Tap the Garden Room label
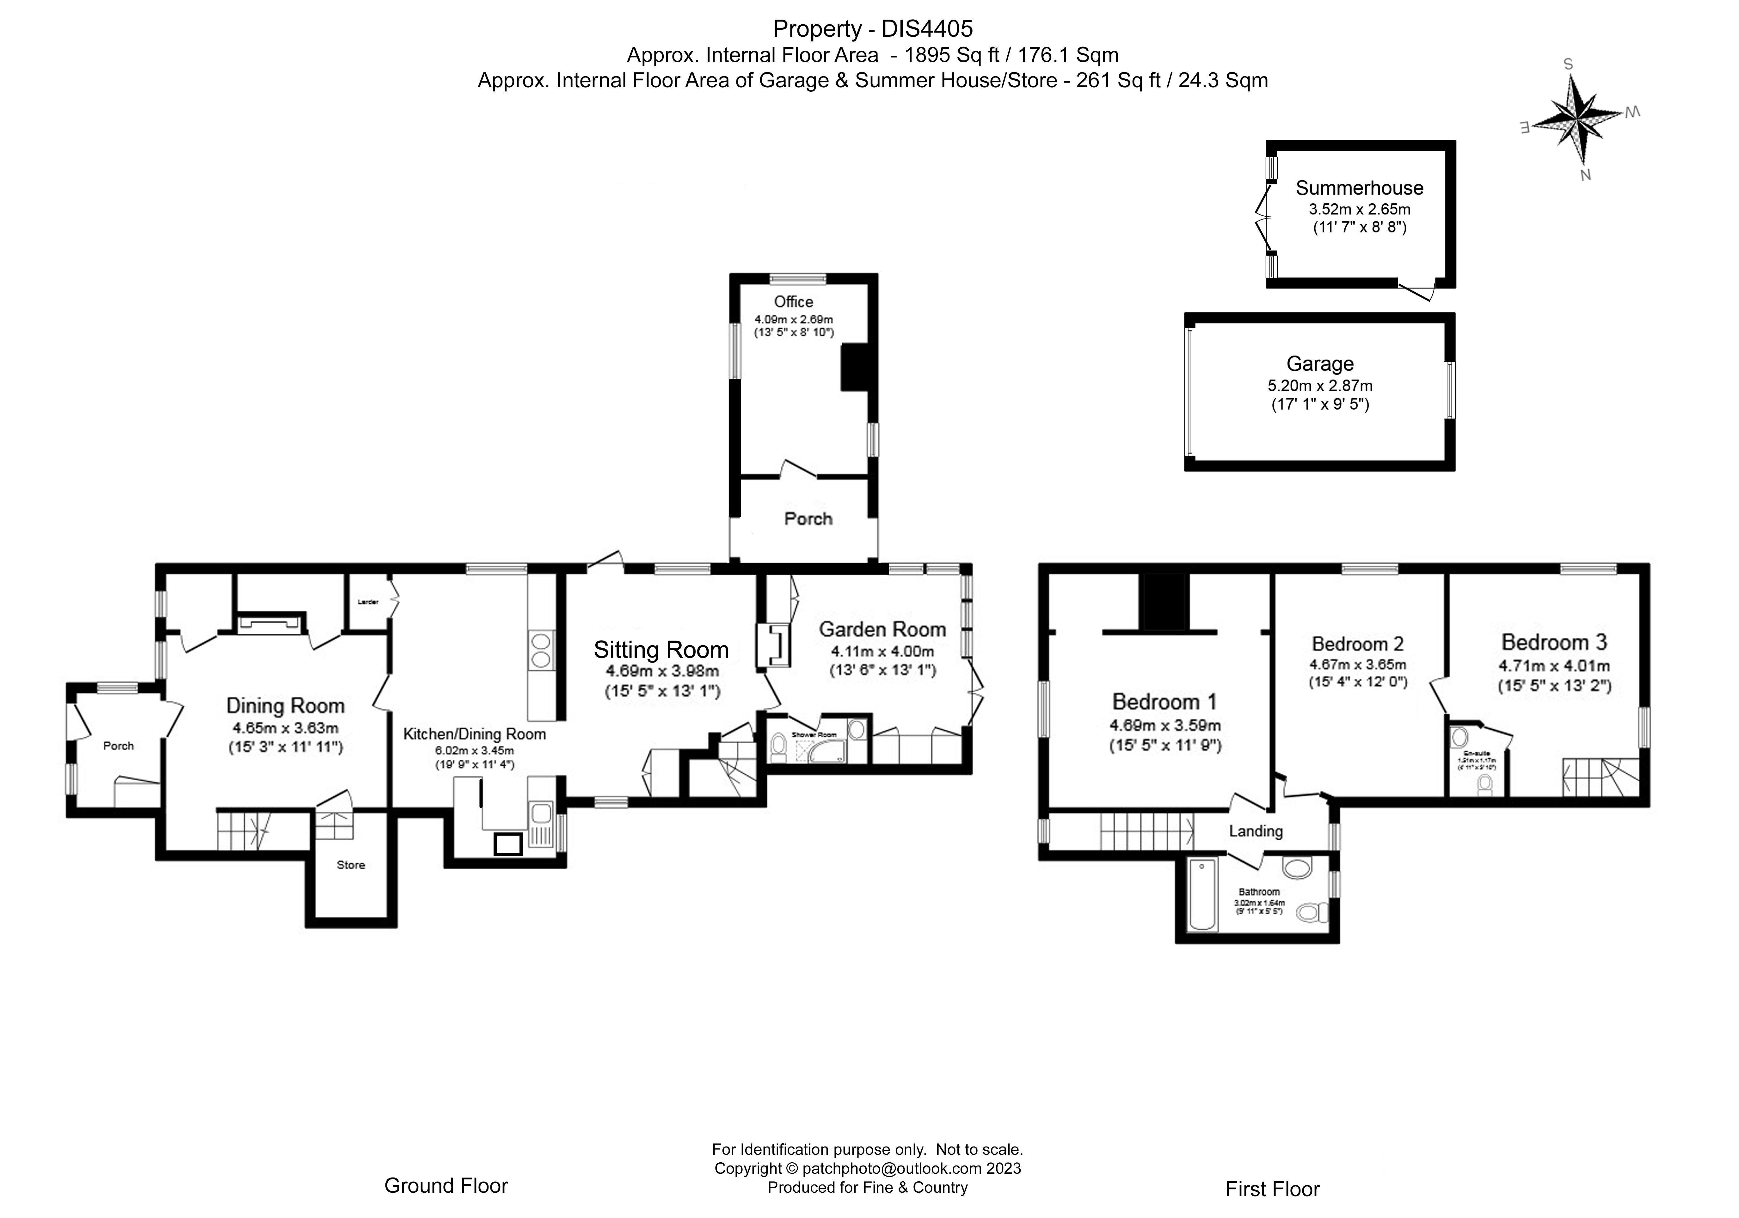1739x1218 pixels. (882, 629)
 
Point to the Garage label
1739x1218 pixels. (1319, 364)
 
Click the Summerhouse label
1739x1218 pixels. (1360, 188)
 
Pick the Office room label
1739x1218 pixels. (793, 301)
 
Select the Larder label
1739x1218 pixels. (368, 602)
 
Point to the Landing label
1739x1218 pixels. (1255, 831)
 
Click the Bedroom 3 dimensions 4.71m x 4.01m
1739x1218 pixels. (1554, 667)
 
